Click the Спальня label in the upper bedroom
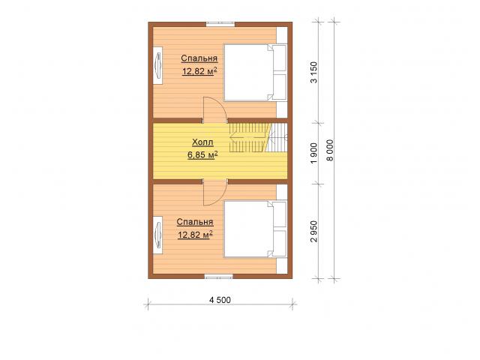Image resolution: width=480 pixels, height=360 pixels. pos(199,58)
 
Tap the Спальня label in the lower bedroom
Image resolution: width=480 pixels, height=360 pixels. pos(195,222)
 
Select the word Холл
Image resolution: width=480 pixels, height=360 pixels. pos(202,142)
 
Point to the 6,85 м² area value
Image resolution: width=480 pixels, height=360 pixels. pos(202,155)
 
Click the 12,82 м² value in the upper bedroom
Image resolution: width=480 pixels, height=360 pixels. pos(200,71)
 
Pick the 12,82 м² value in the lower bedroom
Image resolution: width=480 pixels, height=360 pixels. pos(195,235)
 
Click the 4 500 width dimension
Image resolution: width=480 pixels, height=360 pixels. pos(220,300)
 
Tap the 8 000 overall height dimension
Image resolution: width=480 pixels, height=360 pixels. pos(330,150)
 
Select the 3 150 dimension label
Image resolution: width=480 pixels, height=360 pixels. pos(314,72)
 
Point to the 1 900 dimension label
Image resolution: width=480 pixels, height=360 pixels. pos(314,153)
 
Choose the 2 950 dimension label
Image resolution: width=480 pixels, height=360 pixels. pos(314,232)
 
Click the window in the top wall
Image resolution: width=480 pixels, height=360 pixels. pos(220,25)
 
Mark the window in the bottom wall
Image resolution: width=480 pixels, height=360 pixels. pos(219,277)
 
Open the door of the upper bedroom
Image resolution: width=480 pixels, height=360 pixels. pos(214,109)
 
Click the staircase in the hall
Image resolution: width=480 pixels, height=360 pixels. pos(258,137)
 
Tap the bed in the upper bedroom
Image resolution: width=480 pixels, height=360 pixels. pos(255,73)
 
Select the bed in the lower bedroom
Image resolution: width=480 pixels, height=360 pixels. pos(255,229)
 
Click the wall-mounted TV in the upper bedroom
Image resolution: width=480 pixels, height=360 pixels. pos(158,65)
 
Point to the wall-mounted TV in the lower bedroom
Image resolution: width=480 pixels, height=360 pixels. pos(158,235)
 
